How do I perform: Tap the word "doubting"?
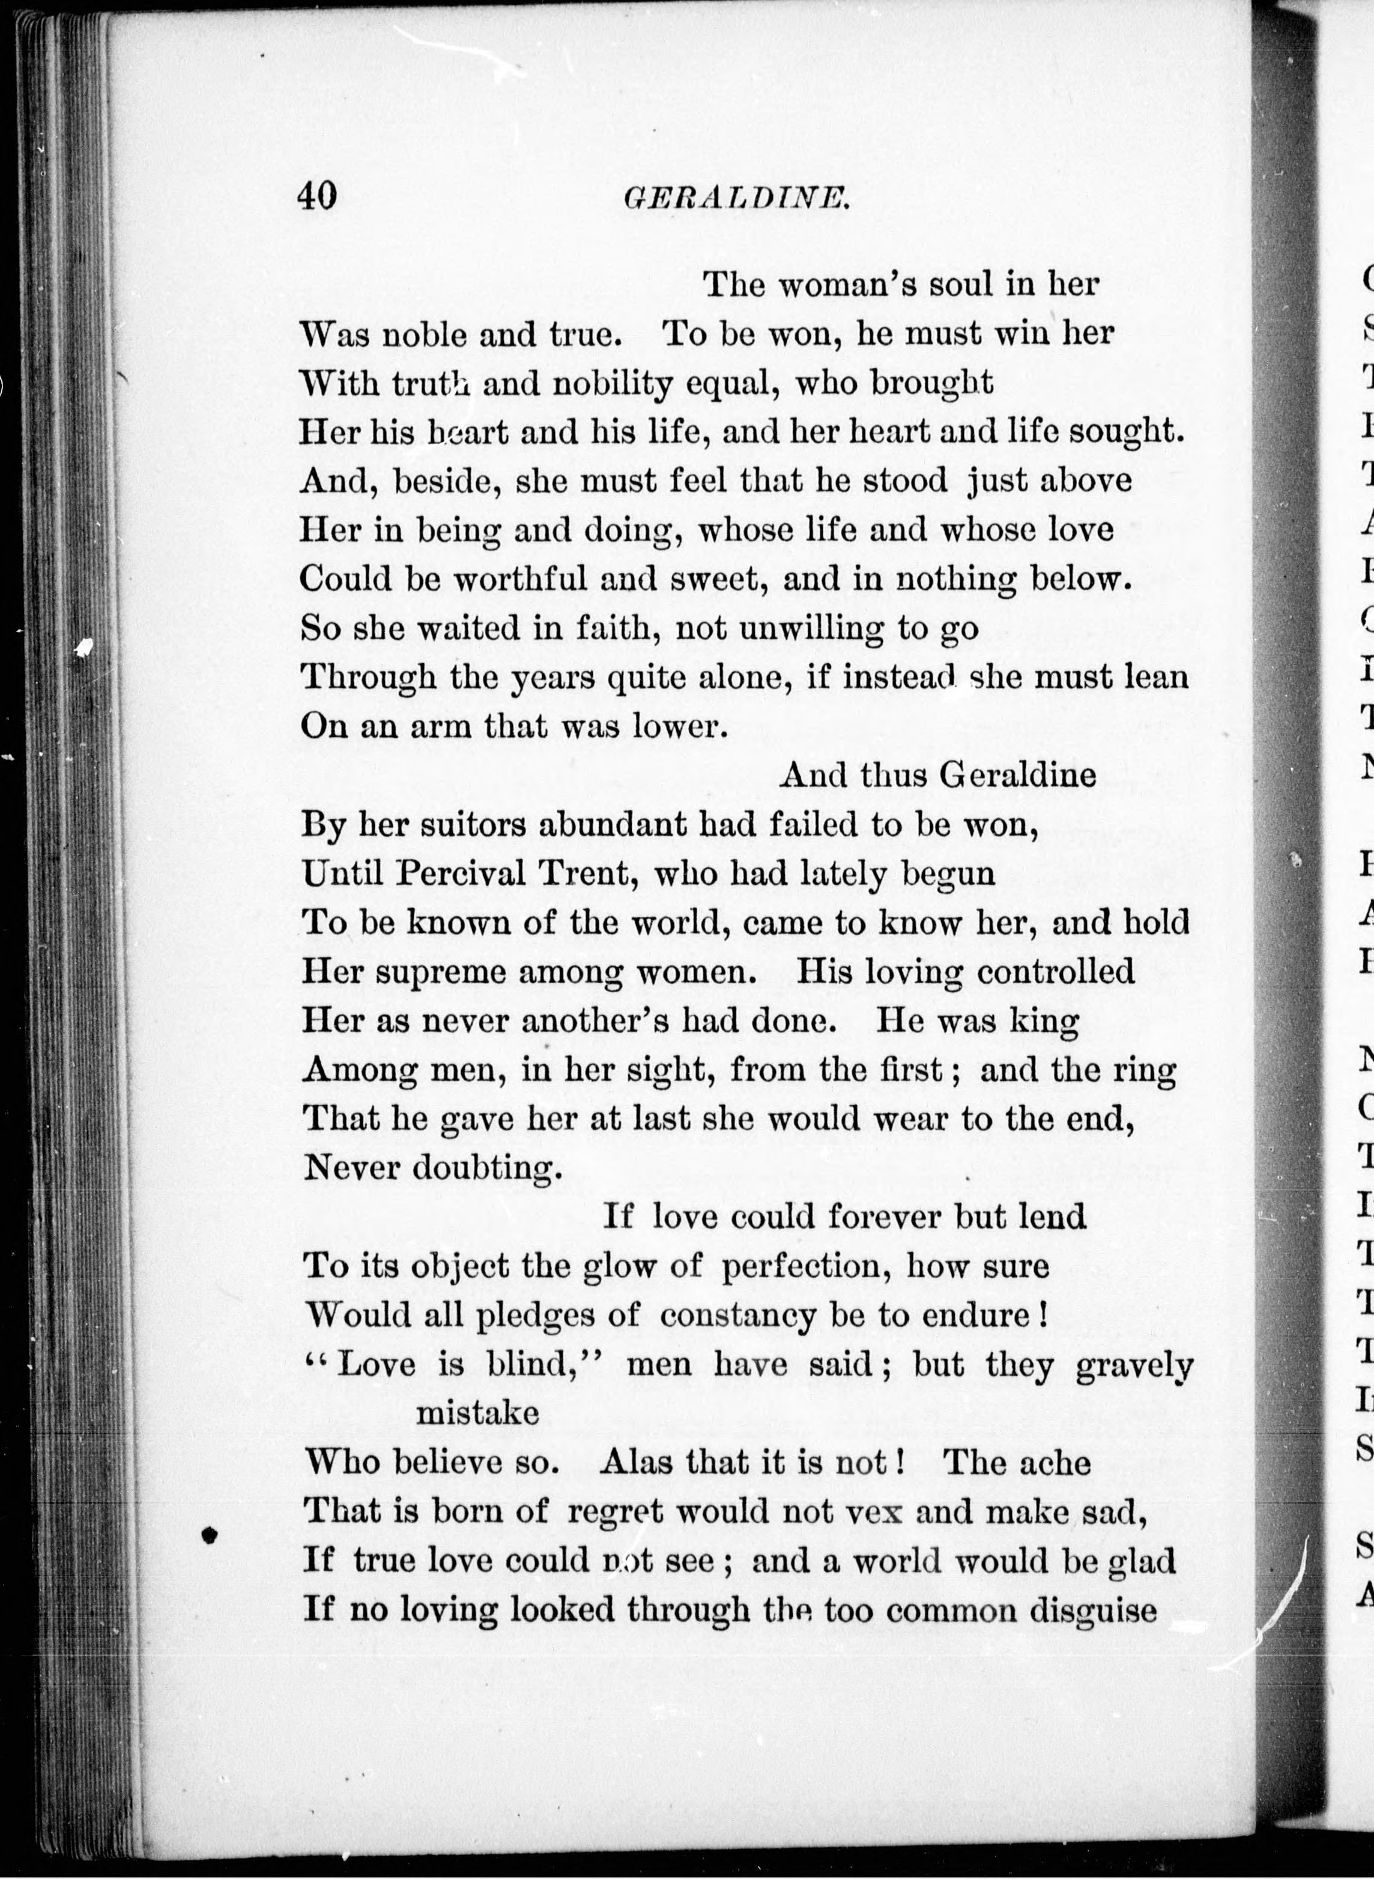486,1168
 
